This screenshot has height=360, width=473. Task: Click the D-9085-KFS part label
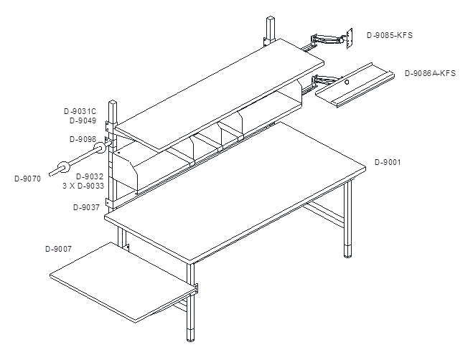(390, 35)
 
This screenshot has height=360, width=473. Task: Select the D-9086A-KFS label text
(430, 73)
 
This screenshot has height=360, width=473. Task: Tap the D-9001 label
(388, 162)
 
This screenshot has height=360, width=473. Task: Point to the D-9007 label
(59, 249)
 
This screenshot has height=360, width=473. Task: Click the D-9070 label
(27, 179)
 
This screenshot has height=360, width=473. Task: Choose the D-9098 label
(83, 139)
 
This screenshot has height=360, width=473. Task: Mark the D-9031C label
(80, 111)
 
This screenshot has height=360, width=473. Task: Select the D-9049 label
(83, 120)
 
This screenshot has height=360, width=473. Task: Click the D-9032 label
(90, 176)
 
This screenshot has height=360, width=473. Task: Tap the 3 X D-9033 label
(83, 186)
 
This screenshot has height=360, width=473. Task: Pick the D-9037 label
(86, 207)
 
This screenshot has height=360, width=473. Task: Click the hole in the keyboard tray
(347, 82)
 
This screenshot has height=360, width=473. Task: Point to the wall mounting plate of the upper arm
(350, 39)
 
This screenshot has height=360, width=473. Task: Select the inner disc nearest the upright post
(99, 148)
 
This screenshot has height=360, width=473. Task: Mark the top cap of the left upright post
(113, 103)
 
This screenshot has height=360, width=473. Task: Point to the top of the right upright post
(271, 19)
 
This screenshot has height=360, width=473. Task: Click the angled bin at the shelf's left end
(125, 171)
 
